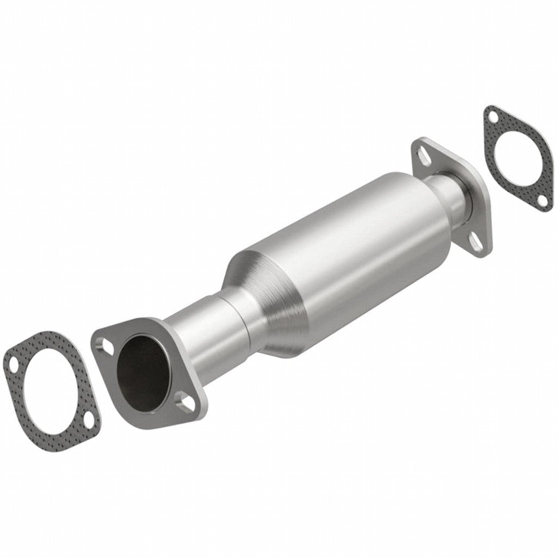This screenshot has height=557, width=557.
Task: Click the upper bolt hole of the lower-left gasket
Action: tap(10, 361)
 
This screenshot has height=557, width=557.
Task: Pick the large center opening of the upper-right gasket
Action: tap(516, 158)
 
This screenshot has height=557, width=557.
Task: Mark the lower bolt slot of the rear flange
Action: tap(476, 243)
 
